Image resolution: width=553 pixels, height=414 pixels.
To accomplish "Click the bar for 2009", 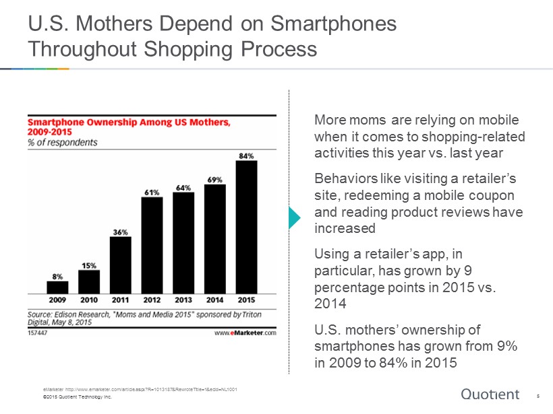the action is click(x=57, y=287).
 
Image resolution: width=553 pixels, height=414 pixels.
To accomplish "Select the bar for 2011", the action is click(x=121, y=265).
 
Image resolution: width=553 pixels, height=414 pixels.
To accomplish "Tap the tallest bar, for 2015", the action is click(x=247, y=227).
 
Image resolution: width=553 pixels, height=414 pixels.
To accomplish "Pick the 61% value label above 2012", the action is click(x=152, y=193).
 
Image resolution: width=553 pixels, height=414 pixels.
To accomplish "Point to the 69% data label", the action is click(x=214, y=180).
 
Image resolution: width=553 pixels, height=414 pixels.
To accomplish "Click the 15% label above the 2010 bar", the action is click(x=89, y=266).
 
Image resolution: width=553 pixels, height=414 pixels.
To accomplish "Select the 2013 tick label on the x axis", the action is click(x=183, y=300).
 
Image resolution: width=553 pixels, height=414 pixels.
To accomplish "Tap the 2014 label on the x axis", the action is click(x=214, y=300).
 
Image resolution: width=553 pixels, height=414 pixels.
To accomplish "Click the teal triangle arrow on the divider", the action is click(x=295, y=218).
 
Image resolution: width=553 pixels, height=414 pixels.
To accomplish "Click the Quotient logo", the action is click(x=490, y=394).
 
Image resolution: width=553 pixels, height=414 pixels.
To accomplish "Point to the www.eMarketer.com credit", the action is click(x=245, y=333).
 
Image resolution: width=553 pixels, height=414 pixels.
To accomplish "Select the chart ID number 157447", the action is click(x=37, y=333).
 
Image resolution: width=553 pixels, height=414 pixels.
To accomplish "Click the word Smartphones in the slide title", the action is click(x=334, y=24).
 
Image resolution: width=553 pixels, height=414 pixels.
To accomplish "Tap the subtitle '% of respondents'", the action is click(x=63, y=142).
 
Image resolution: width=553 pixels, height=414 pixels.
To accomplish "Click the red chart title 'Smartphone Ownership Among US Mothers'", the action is click(x=129, y=122).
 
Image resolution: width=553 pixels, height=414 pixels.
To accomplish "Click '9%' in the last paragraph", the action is click(x=507, y=346).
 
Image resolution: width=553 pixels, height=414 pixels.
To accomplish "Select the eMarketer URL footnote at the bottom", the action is click(x=140, y=389).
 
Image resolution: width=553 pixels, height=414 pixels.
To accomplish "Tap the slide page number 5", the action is click(x=538, y=396).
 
